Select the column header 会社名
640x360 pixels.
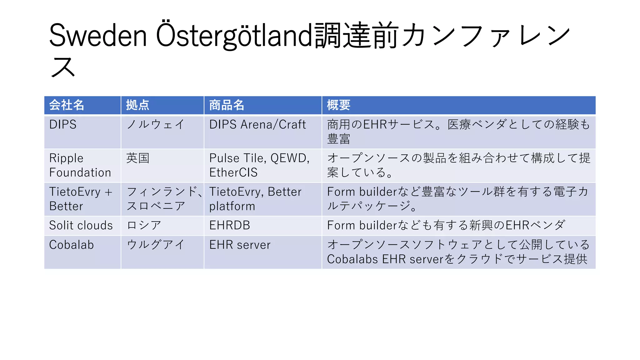coord(67,105)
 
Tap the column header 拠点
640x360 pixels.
coord(137,105)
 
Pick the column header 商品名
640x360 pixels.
coord(227,105)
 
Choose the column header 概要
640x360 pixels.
coord(338,105)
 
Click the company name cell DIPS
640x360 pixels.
coord(63,125)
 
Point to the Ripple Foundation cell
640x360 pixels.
coord(80,165)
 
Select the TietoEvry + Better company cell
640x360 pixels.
coord(81,199)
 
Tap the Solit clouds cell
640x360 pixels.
coord(81,225)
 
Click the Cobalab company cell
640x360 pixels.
coord(72,245)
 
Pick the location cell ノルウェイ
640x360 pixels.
coord(155,125)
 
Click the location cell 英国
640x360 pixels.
coord(138,158)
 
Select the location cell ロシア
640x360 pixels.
coord(144,225)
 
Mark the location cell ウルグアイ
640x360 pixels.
coord(156,245)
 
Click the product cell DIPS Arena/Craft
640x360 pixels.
coord(257,125)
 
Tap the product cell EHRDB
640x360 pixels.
coord(230,225)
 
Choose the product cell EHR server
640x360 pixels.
coord(240,245)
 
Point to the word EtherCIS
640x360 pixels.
coord(233,172)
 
